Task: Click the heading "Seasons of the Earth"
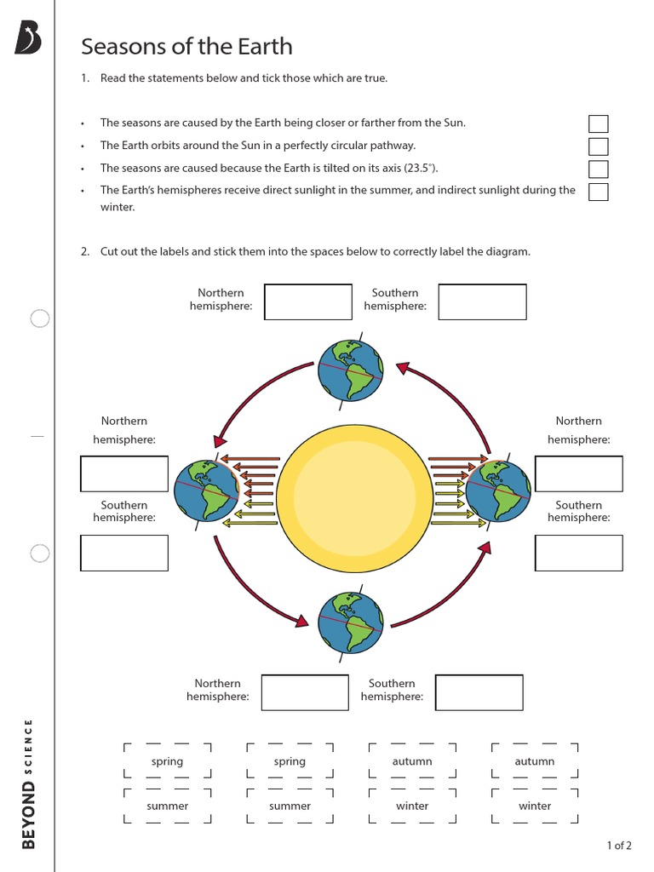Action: coord(186,46)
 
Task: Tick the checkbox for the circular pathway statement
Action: coord(598,146)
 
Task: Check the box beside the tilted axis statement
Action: coord(598,169)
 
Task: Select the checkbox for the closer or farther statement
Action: coord(598,124)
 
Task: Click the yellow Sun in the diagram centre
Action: coord(350,493)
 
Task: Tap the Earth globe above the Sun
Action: coord(350,369)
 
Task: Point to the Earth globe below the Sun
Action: coord(350,622)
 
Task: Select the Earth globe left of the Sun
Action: coord(206,490)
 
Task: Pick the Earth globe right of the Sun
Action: coord(498,490)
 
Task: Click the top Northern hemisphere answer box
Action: coord(307,302)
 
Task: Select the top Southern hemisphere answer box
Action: coord(482,302)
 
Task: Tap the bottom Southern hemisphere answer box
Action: coord(479,692)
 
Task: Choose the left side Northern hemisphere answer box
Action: coord(124,473)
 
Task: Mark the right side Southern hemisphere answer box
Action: coord(578,553)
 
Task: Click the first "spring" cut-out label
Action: coord(167,761)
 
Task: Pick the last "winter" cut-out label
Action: coord(535,806)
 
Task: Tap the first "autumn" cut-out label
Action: coord(412,761)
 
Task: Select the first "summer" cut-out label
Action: coord(167,806)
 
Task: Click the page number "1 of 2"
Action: coord(618,846)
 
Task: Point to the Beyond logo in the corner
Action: coord(28,39)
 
